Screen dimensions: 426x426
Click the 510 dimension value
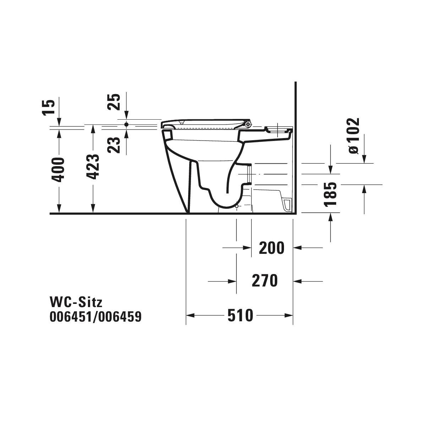pos(240,316)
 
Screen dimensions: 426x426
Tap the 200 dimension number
pos(272,248)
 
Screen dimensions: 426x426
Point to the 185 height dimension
pos(331,195)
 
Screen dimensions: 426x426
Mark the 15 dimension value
pos(48,108)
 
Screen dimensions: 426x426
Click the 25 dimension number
pos(114,102)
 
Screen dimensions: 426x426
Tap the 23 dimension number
pos(114,145)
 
